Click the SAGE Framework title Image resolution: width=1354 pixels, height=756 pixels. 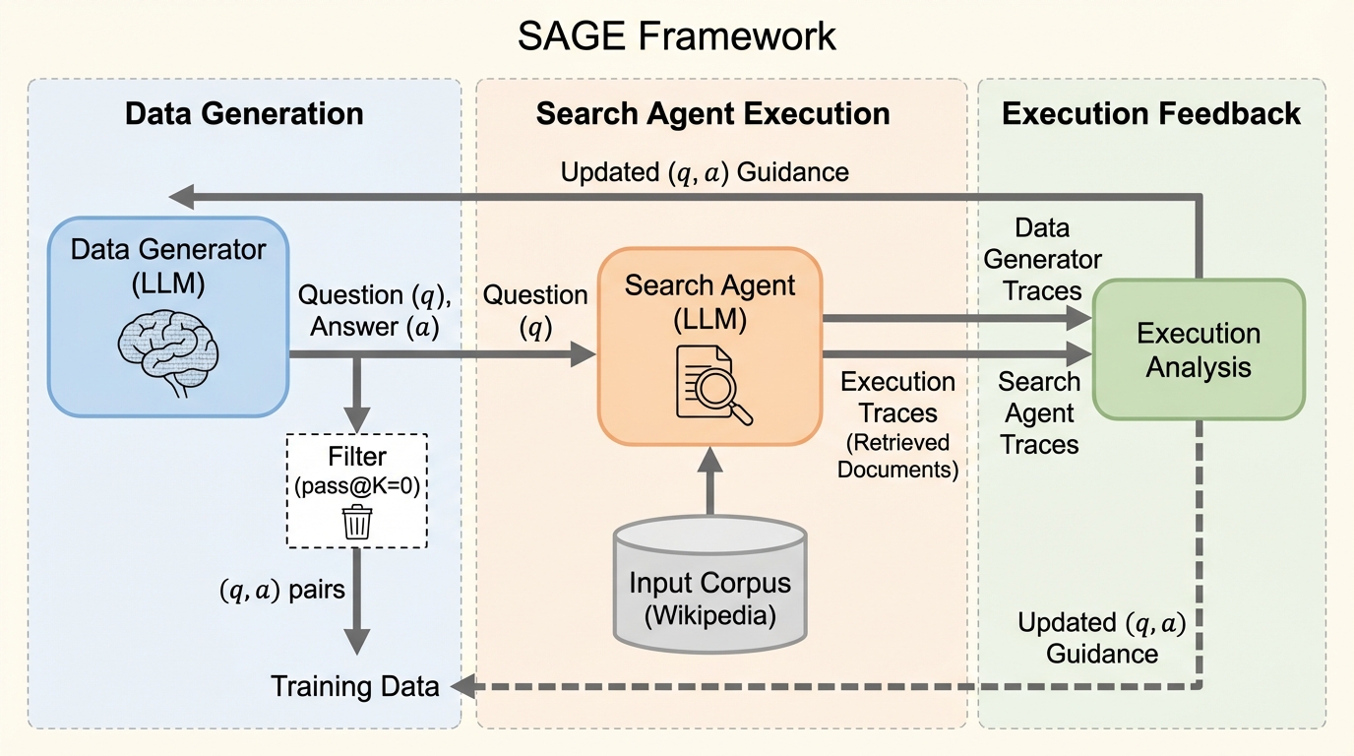tap(677, 36)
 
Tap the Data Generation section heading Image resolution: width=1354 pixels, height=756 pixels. tap(244, 113)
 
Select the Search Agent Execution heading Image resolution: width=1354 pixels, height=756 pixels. tap(712, 113)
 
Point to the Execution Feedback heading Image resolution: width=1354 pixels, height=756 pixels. tap(1151, 113)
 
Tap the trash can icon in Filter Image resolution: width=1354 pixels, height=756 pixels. tap(355, 521)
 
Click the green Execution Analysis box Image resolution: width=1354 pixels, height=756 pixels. tap(1199, 349)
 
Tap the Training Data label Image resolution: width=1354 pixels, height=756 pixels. tap(355, 686)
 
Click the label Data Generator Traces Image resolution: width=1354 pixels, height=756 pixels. tap(1042, 260)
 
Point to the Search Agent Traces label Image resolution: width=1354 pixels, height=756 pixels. tap(1039, 412)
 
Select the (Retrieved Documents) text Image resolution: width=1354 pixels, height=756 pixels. tap(897, 455)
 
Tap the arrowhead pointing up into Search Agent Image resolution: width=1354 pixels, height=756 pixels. tap(709, 458)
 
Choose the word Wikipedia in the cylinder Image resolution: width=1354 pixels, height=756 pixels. tap(709, 617)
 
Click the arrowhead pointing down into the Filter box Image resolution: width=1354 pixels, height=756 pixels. tap(355, 420)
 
